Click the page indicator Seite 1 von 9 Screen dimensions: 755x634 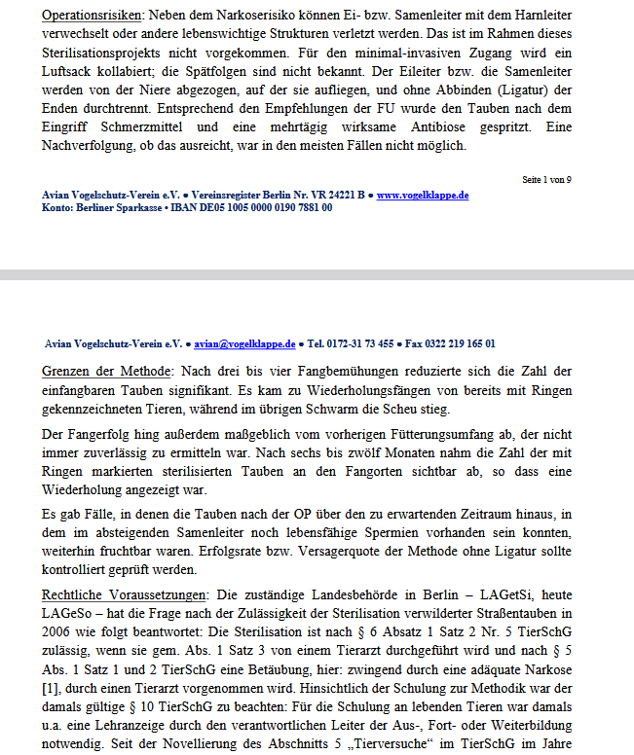[546, 180]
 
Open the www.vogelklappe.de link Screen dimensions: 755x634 [422, 195]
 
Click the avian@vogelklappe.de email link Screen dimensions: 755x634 [244, 343]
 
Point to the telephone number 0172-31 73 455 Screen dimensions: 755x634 [355, 343]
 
